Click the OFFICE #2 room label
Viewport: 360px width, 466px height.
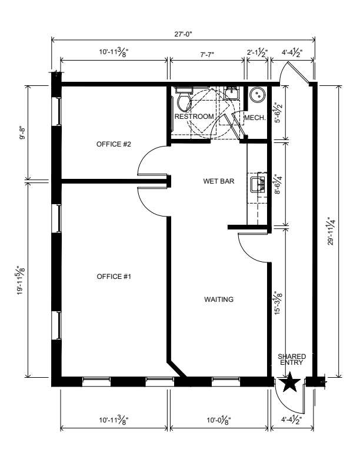tap(114, 144)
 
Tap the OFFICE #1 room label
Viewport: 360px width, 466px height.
tap(114, 277)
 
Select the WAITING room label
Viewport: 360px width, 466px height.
tap(219, 299)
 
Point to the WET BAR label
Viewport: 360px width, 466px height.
tap(219, 181)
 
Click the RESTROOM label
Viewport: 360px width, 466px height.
tap(194, 116)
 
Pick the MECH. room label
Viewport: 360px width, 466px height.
tap(255, 118)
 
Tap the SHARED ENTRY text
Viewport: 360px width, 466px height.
tap(292, 360)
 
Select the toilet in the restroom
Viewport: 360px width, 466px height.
tap(184, 99)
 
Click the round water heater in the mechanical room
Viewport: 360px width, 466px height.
tap(256, 95)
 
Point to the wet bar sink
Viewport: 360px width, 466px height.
tap(258, 185)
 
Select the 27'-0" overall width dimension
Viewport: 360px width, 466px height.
tap(184, 34)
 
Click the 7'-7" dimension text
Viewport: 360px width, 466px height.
tap(207, 54)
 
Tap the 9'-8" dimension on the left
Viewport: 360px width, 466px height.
tap(22, 133)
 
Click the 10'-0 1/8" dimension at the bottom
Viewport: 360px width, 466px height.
tap(219, 420)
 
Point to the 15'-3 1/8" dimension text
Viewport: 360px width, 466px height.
tap(278, 303)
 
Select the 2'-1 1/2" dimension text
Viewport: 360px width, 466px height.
tap(258, 53)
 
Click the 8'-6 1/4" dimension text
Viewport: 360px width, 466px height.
tap(278, 184)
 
